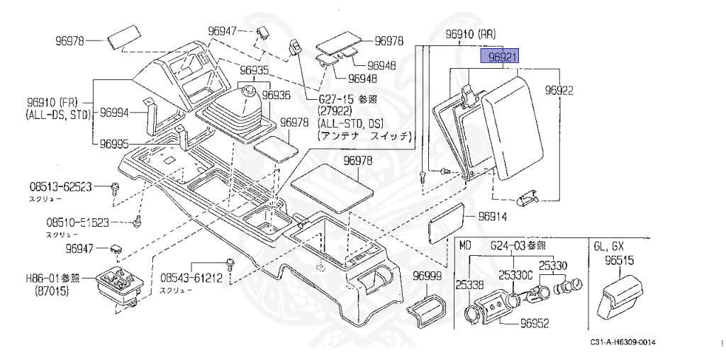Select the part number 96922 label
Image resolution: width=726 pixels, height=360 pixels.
(559, 90)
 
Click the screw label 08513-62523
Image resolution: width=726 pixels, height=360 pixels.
(60, 187)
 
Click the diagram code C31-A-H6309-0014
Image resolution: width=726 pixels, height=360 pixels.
(622, 343)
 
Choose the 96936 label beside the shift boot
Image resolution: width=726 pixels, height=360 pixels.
(277, 94)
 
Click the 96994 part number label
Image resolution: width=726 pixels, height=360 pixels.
(114, 112)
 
